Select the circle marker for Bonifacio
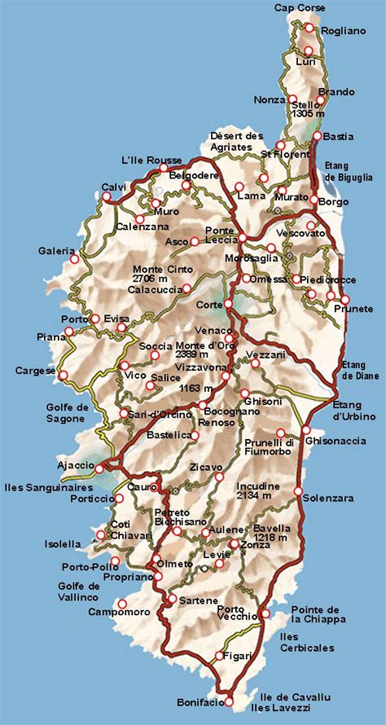pos(229,701)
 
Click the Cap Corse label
pos(300,8)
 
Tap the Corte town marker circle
pos(229,304)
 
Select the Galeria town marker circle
pos(75,260)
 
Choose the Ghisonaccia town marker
pos(306,429)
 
